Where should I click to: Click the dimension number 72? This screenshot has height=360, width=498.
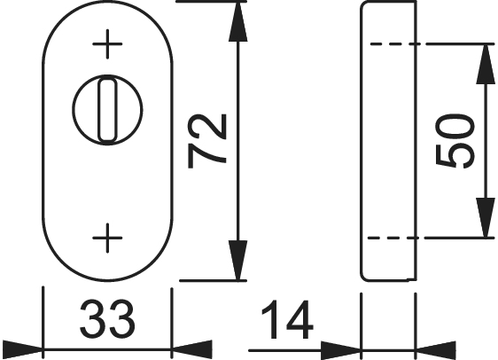pyautogui.click(x=207, y=141)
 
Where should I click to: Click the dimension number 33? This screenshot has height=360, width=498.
pyautogui.click(x=107, y=319)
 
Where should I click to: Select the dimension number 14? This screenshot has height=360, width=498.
pyautogui.click(x=287, y=319)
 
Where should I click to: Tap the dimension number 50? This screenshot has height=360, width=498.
pyautogui.click(x=455, y=141)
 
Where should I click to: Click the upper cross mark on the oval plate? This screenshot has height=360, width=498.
pyautogui.click(x=107, y=43)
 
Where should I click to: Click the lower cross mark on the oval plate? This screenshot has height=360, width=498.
pyautogui.click(x=107, y=238)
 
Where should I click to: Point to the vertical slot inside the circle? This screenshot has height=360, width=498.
pyautogui.click(x=107, y=110)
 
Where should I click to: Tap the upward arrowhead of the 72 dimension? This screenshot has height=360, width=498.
pyautogui.click(x=237, y=21)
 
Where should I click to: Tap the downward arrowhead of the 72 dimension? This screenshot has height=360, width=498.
pyautogui.click(x=237, y=261)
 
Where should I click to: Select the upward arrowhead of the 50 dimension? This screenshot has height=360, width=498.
pyautogui.click(x=486, y=64)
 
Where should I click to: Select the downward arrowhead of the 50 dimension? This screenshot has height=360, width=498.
pyautogui.click(x=486, y=217)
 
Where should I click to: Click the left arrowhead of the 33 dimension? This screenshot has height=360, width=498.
pyautogui.click(x=21, y=349)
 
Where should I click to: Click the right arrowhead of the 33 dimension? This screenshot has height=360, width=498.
pyautogui.click(x=191, y=349)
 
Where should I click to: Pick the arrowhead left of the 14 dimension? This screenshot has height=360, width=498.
pyautogui.click(x=340, y=350)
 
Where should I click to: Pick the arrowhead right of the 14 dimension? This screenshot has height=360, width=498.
pyautogui.click(x=436, y=350)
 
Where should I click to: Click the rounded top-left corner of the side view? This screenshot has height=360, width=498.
pyautogui.click(x=362, y=4)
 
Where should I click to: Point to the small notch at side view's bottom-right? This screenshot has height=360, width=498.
pyautogui.click(x=412, y=279)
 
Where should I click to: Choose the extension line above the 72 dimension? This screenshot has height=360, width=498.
pyautogui.click(x=212, y=2)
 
